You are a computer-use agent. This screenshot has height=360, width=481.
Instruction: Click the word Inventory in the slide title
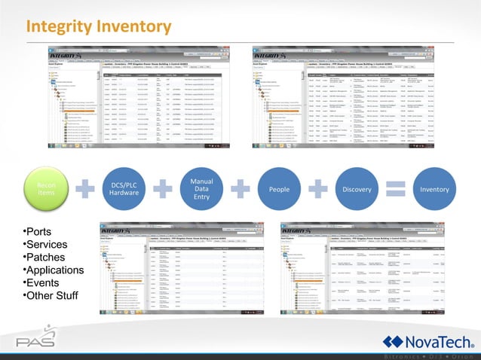(137, 27)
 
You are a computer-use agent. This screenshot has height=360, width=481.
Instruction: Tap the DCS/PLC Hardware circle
(124, 190)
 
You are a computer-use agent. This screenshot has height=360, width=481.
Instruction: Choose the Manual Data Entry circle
(201, 190)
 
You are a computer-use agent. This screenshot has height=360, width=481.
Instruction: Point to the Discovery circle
(356, 190)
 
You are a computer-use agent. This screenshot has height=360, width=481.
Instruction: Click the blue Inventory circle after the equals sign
(435, 190)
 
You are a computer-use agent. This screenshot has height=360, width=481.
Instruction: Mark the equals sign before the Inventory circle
(396, 190)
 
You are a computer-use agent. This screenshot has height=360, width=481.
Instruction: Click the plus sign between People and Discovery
(317, 190)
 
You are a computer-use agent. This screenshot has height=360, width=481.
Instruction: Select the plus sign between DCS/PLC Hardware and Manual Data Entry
(162, 190)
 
